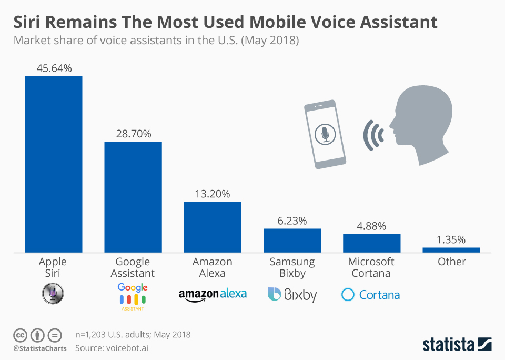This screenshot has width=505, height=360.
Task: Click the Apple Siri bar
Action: tap(54, 164)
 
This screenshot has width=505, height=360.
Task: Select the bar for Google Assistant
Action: tap(133, 197)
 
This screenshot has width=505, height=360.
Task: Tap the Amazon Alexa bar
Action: tap(213, 227)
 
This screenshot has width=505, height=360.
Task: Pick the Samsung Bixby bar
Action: tap(292, 241)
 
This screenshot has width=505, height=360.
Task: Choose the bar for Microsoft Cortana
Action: tap(371, 243)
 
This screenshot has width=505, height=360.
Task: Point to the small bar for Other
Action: tap(451, 250)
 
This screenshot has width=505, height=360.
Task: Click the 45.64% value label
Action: tap(54, 68)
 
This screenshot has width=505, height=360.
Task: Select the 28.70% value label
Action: tap(133, 134)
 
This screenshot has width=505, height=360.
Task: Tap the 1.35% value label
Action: tap(451, 240)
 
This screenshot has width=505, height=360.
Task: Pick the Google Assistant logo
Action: tap(133, 296)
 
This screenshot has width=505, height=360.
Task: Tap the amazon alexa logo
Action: tap(213, 294)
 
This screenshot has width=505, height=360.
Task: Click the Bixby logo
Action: tap(292, 294)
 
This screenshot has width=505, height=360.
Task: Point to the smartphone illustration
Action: tap(326, 134)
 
